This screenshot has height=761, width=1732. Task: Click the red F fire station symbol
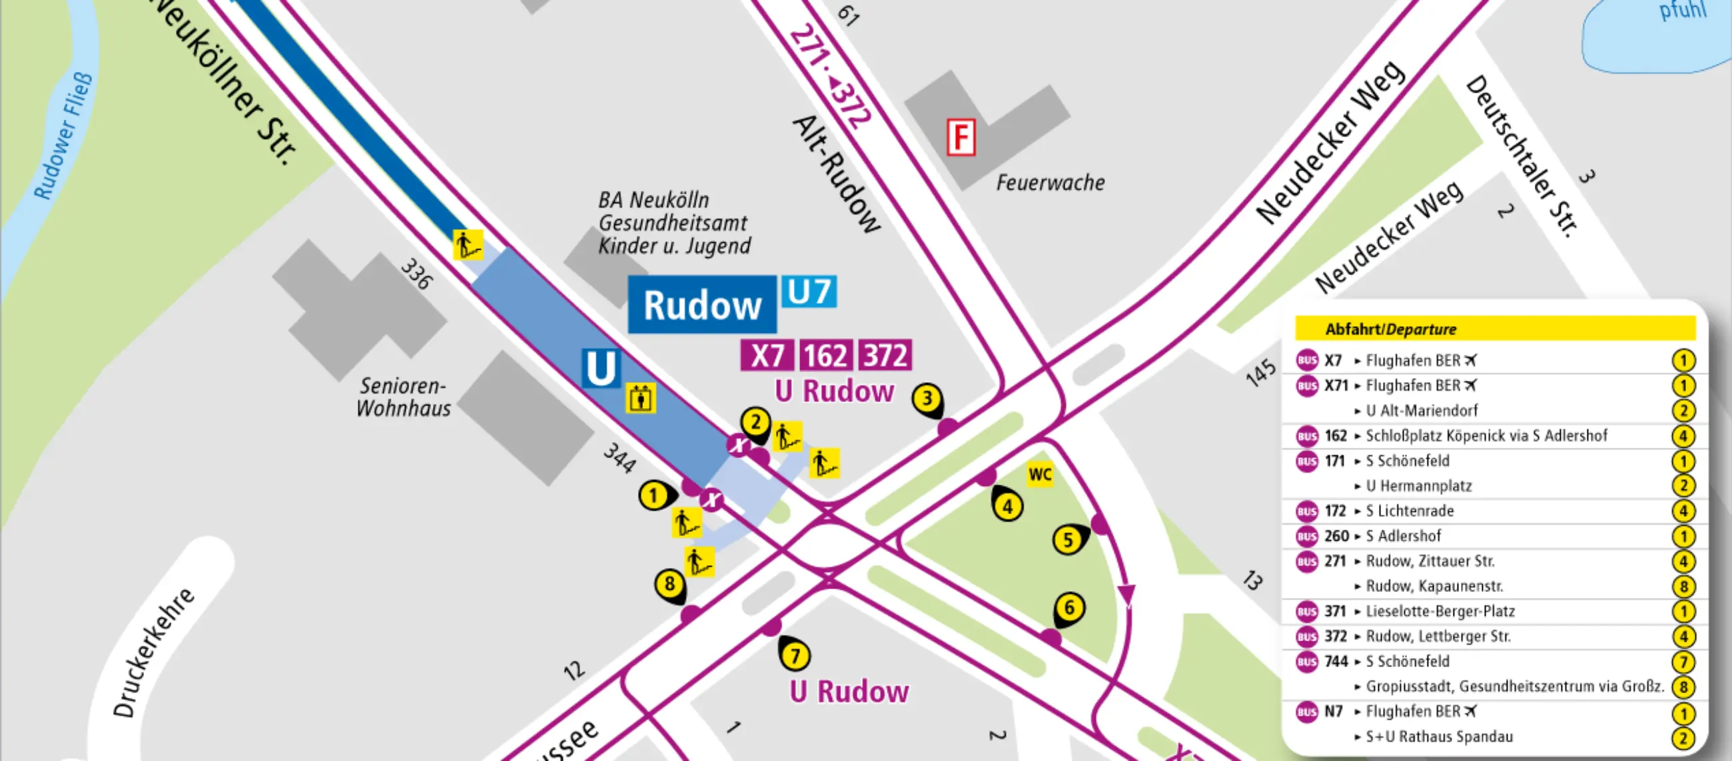961,137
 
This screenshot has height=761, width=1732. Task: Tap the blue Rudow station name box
702,305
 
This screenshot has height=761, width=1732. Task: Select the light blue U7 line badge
809,292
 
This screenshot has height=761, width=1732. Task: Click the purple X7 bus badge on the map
767,355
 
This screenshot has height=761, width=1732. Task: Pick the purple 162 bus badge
825,355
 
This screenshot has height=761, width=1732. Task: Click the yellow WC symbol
1039,475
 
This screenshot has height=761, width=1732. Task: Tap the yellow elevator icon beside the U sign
640,399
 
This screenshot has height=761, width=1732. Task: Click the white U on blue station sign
600,368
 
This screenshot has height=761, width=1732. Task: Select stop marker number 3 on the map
927,399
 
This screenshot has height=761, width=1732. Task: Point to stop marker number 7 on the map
795,655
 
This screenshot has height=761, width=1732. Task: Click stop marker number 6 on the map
1069,608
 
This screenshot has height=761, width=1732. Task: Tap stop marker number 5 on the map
1068,540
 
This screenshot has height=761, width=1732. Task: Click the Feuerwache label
1051,182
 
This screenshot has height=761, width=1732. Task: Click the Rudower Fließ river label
63,136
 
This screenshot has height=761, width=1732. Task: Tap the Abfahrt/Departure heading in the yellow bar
1390,329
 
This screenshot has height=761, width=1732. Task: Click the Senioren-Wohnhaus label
403,397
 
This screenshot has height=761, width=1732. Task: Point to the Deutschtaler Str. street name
1521,156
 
